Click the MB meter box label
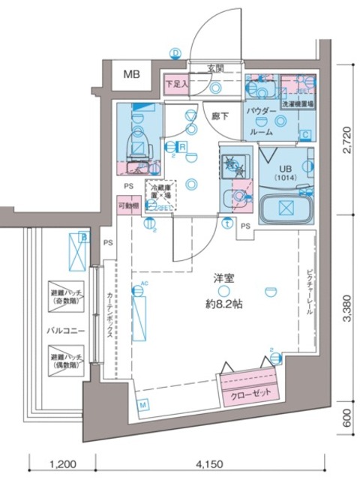132,73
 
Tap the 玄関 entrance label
216,69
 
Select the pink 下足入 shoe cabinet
177,84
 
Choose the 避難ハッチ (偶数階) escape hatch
67,358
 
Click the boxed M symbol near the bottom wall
142,406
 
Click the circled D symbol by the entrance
175,53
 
